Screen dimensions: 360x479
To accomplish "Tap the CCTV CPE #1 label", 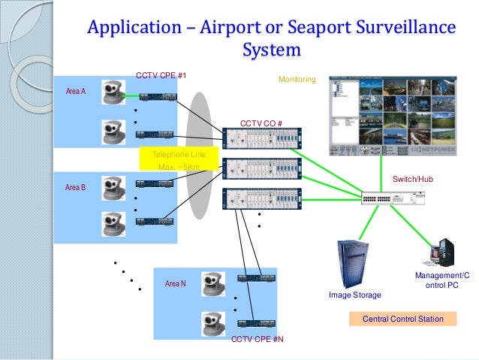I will tap(161, 76).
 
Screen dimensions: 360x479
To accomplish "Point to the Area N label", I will tap(174, 283).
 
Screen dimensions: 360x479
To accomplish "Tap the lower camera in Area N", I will tap(212, 323).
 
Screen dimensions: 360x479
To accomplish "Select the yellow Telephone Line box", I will tap(178, 160).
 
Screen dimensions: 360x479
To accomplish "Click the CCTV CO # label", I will tap(261, 123).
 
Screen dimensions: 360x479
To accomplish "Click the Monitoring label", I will tap(297, 79).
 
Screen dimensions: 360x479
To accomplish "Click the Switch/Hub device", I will tap(393, 198).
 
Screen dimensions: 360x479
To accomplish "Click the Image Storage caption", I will tap(355, 295).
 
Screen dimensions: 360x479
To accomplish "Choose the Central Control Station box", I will tap(403, 319).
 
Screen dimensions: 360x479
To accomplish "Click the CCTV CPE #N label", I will tap(258, 340).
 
